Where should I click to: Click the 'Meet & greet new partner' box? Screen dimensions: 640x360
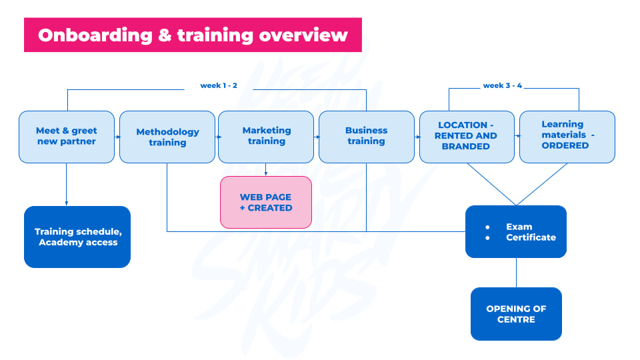[67, 137]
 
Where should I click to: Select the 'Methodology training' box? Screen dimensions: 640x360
[167, 137]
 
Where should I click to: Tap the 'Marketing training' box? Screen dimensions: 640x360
[266, 137]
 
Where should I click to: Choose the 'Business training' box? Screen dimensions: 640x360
[367, 137]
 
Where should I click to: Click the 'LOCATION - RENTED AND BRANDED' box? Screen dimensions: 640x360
[467, 137]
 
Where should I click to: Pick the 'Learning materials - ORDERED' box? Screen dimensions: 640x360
[567, 137]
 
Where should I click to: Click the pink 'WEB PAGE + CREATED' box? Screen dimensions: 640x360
[266, 203]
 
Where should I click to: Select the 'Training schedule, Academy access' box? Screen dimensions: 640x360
[77, 237]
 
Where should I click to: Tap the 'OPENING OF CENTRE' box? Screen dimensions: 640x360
[516, 314]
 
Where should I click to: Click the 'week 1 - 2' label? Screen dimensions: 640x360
[219, 85]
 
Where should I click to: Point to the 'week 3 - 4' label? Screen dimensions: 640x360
[503, 85]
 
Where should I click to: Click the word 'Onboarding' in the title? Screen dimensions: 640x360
[95, 35]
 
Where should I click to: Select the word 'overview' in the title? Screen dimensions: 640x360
[303, 35]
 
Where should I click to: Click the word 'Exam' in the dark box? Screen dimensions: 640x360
[519, 227]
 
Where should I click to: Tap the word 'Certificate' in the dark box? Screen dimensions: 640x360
[531, 237]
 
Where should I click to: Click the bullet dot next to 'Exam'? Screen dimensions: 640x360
[487, 227]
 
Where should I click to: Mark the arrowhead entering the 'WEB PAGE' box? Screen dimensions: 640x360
[266, 174]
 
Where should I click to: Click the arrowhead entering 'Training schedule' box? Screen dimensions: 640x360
[67, 203]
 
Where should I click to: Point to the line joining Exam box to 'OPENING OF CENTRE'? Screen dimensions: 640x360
[516, 273]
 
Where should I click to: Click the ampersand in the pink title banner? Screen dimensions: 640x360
[165, 35]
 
